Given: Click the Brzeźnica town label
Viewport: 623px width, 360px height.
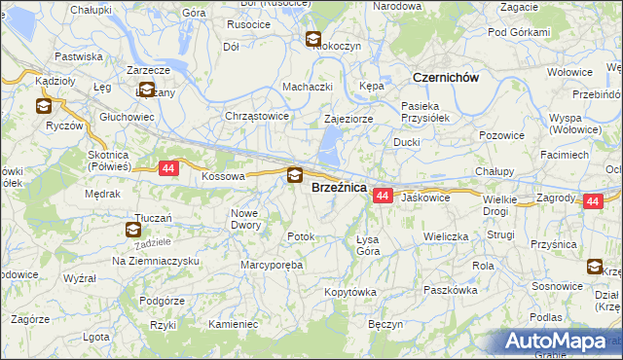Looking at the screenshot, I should click(338, 188).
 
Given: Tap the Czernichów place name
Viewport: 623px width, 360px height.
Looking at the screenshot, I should click(446, 78).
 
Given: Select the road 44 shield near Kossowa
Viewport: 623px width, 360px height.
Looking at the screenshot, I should click(168, 168).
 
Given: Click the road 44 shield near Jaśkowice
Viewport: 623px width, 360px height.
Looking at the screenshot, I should click(382, 197).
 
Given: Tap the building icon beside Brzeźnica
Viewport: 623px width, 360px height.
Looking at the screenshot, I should click(294, 176).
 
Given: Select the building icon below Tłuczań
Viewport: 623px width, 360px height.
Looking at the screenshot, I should click(133, 230).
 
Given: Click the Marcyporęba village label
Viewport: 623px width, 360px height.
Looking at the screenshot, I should click(273, 264).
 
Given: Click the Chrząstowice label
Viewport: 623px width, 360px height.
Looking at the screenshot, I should click(257, 116).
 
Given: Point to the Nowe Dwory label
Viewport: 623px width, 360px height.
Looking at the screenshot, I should click(246, 219).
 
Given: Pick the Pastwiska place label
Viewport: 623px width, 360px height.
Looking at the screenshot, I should click(80, 56).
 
